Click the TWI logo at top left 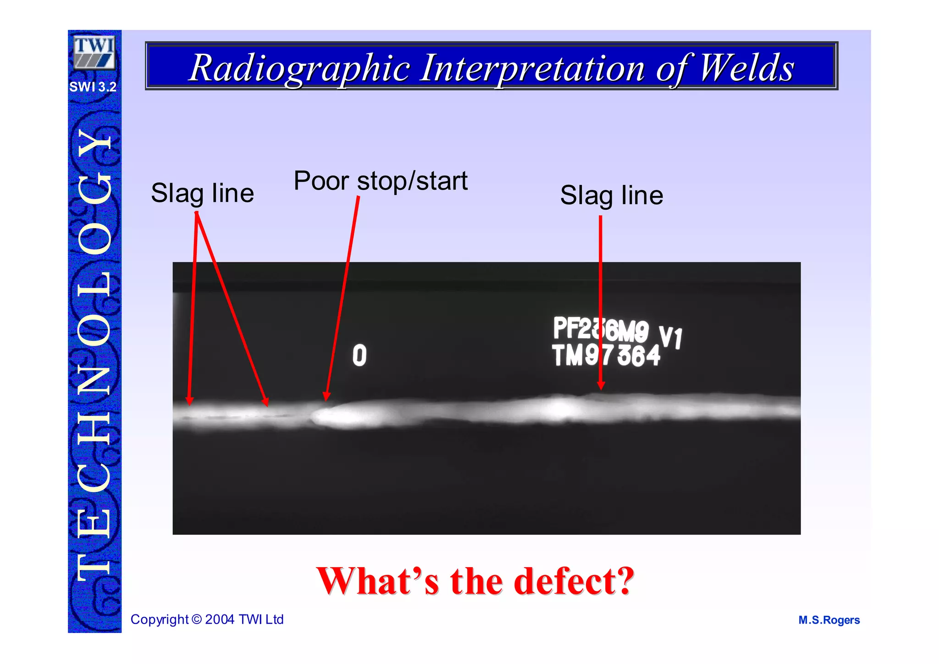tap(94, 52)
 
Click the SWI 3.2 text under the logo tap(93, 87)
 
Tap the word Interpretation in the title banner tap(532, 68)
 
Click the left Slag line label tap(202, 193)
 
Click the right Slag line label tap(611, 195)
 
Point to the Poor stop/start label tap(381, 181)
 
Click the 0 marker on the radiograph tap(359, 356)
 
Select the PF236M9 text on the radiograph tap(601, 330)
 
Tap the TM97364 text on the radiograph tap(606, 356)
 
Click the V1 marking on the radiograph tap(670, 337)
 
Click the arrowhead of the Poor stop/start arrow tap(326, 396)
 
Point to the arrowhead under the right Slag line tap(601, 385)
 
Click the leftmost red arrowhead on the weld tap(189, 401)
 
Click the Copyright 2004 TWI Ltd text tap(207, 619)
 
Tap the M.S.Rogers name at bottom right tap(829, 620)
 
